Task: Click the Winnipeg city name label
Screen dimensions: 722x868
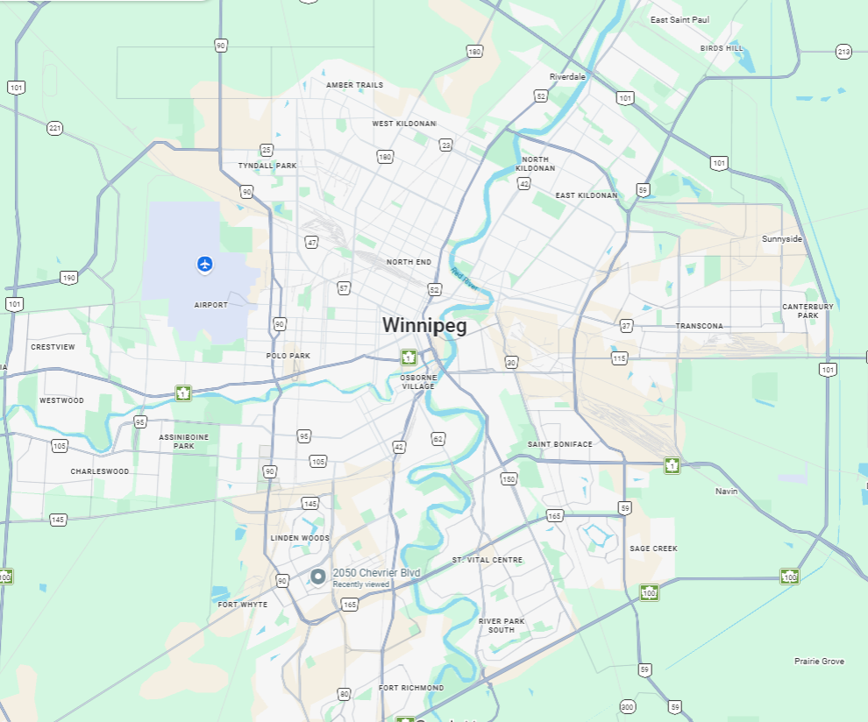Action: click(x=424, y=325)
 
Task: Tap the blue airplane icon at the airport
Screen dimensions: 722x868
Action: click(x=204, y=263)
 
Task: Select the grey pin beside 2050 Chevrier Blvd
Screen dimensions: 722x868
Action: click(x=318, y=577)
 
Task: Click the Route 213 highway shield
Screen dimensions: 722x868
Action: click(x=843, y=52)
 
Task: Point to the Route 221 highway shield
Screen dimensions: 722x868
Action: click(x=55, y=128)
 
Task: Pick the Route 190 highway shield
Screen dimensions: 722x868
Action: click(x=68, y=278)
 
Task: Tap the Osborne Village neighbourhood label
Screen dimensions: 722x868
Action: click(x=418, y=381)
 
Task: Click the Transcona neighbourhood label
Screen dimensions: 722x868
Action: click(x=699, y=326)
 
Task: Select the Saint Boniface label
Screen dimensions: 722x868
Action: click(x=559, y=444)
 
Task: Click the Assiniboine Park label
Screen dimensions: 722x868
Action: click(x=176, y=441)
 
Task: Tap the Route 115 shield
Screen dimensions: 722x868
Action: click(x=620, y=358)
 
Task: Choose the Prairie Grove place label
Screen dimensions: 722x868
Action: click(x=819, y=662)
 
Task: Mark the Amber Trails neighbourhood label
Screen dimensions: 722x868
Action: click(x=354, y=85)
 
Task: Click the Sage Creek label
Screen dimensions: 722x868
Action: click(x=653, y=549)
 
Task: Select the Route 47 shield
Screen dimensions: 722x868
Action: click(x=311, y=242)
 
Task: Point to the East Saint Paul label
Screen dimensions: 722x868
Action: click(x=679, y=19)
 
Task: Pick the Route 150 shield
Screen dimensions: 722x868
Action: click(x=509, y=478)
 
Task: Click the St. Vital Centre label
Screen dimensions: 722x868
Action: click(x=487, y=560)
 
